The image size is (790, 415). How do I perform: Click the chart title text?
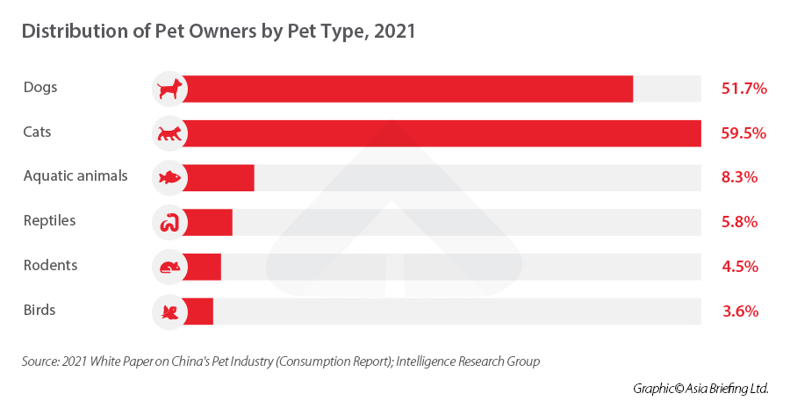click(218, 32)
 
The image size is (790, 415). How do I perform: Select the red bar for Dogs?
click(408, 89)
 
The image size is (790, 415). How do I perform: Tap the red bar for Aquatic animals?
click(219, 177)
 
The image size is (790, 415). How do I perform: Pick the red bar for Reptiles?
click(209, 222)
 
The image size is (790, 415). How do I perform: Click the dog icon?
click(169, 89)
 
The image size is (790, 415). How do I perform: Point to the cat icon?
click(169, 133)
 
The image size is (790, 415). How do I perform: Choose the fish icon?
click(169, 177)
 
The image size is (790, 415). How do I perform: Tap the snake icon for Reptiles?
click(169, 222)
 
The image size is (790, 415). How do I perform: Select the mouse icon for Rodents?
click(169, 267)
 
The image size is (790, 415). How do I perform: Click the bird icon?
click(169, 311)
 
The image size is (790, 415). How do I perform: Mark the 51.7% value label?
click(743, 89)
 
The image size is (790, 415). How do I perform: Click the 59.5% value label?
click(743, 133)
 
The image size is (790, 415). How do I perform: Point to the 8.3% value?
click(739, 177)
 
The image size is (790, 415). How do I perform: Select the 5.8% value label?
click(739, 222)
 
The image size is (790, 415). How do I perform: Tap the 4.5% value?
click(739, 267)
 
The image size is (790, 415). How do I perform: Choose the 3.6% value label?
click(739, 311)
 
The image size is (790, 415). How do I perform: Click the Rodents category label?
click(50, 265)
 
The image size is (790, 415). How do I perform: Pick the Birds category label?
click(39, 310)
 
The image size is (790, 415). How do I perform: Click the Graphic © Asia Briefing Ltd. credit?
click(700, 388)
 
